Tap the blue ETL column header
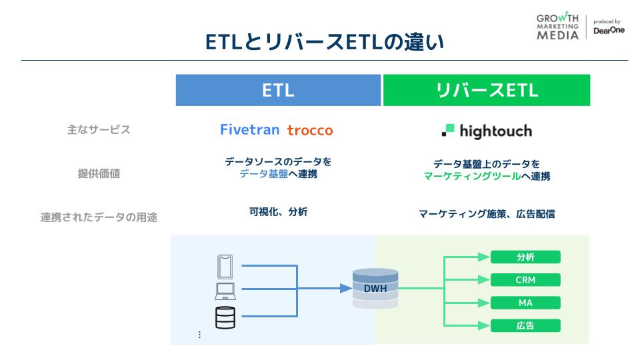tap(279, 91)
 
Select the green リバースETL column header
tap(486, 91)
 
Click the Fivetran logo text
tap(250, 130)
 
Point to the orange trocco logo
tap(310, 131)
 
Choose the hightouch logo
tap(487, 131)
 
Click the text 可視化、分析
tap(279, 213)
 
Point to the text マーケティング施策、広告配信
tap(487, 214)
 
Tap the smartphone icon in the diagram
tap(225, 267)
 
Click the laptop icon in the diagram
tap(225, 291)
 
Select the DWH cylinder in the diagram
tap(375, 288)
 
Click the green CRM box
tap(525, 280)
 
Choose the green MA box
tap(525, 303)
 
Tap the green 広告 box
tap(525, 326)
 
